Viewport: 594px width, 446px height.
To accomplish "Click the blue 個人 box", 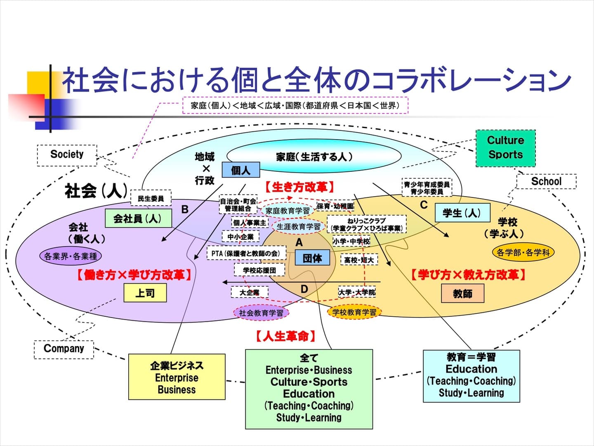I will [x=241, y=170].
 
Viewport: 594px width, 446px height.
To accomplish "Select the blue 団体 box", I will [x=312, y=258].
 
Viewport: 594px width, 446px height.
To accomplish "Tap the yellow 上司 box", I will [x=145, y=293].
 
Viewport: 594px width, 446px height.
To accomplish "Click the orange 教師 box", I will [x=462, y=294].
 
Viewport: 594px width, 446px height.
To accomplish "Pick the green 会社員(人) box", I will [x=138, y=218].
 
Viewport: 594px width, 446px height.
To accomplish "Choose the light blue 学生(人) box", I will [x=462, y=213].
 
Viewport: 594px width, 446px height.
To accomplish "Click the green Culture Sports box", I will [x=505, y=148].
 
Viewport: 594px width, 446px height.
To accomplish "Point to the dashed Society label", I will [x=67, y=155].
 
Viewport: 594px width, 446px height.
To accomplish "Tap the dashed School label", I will [x=546, y=181].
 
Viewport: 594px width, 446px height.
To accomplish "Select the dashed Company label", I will [x=64, y=349].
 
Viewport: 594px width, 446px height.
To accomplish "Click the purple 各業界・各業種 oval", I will [x=71, y=256].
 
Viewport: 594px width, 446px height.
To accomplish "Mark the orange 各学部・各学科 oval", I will [x=523, y=252].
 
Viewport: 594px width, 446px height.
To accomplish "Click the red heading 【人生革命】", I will [x=285, y=336].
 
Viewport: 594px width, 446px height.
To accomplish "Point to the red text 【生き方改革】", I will [x=299, y=187].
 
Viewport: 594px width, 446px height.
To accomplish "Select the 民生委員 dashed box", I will [x=151, y=199].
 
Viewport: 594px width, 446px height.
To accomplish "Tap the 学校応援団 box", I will [x=259, y=270].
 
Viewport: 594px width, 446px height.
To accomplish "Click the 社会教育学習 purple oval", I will [x=262, y=313].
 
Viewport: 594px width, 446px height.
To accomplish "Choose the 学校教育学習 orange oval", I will [x=354, y=312].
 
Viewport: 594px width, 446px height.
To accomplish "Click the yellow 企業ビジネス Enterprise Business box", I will [x=177, y=377].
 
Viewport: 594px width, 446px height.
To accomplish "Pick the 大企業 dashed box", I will [x=250, y=292].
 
